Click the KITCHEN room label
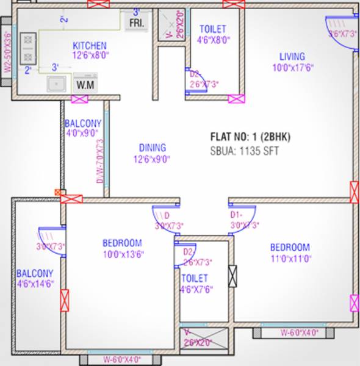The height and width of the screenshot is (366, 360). click(90, 46)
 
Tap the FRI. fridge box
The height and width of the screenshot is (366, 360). click(135, 24)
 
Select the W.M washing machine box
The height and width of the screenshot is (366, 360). click(85, 85)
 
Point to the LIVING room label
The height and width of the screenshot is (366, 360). click(292, 56)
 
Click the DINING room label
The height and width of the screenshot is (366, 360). click(152, 148)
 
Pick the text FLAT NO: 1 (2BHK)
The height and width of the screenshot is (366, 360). click(250, 137)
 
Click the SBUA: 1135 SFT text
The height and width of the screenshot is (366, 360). click(244, 150)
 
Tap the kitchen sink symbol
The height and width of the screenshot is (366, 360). click(56, 84)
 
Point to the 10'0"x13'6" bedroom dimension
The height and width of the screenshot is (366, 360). click(123, 254)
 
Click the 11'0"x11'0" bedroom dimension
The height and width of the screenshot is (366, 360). click(290, 258)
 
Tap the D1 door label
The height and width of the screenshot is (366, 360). click(236, 215)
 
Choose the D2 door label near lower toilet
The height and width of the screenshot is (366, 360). click(188, 251)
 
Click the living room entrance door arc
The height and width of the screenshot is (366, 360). click(339, 27)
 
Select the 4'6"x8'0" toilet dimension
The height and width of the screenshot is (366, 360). click(213, 41)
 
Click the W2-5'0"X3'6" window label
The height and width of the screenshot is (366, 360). click(7, 52)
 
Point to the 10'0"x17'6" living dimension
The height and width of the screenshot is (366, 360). click(293, 68)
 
